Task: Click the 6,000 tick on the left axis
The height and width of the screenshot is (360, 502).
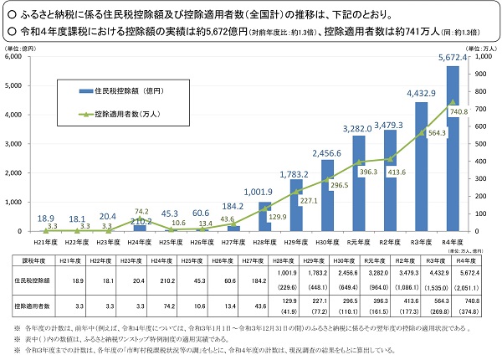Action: (13, 56)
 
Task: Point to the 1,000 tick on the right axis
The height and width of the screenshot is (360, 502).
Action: (484, 56)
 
